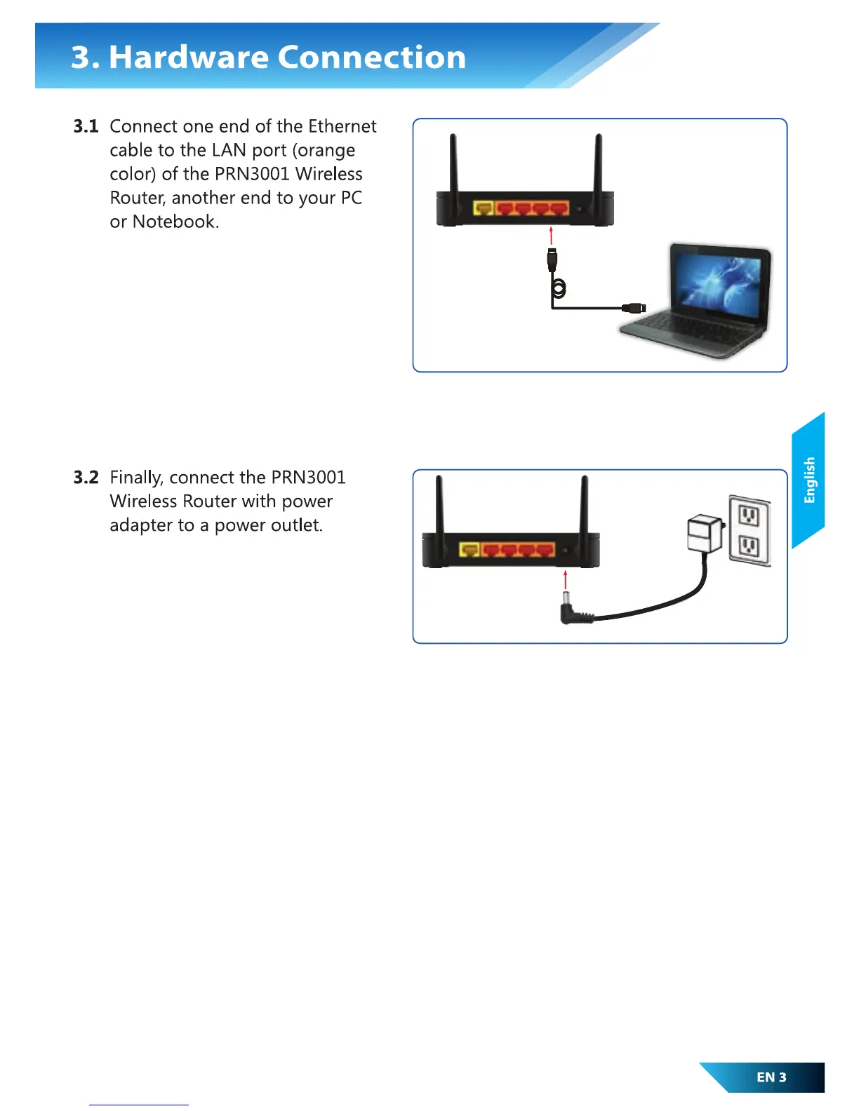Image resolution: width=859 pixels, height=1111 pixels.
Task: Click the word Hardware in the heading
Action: pos(189,58)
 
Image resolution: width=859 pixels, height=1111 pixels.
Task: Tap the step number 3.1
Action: pos(86,127)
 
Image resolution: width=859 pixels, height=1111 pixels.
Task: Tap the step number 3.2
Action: pos(86,478)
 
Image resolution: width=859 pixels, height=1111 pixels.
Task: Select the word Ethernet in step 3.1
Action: pos(342,127)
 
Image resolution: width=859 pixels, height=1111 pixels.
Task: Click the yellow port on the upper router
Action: pos(484,208)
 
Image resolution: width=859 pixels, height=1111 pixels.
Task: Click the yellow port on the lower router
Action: pos(470,550)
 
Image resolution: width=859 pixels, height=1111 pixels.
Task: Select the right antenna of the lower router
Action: pos(584,505)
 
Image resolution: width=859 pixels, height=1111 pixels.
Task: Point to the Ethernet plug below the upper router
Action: pos(552,260)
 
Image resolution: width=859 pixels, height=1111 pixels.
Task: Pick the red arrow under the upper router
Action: pos(552,235)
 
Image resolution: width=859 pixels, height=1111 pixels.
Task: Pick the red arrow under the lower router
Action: pos(566,579)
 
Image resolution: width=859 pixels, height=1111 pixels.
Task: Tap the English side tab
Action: pos(809,480)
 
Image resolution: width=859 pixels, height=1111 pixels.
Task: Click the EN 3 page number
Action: pos(771,1077)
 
